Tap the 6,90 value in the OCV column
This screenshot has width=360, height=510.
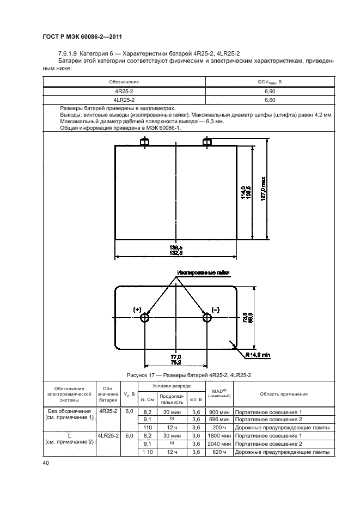pyautogui.click(x=269, y=92)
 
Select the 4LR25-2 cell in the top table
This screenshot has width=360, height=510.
pyautogui.click(x=124, y=100)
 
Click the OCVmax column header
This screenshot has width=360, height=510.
pyautogui.click(x=269, y=82)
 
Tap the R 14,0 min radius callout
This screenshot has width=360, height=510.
pyautogui.click(x=258, y=355)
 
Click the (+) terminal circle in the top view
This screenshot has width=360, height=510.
pyautogui.click(x=145, y=317)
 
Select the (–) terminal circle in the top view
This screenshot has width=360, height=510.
pyautogui.click(x=207, y=317)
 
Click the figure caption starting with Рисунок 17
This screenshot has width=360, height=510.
pyautogui.click(x=180, y=375)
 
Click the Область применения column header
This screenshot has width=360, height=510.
pyautogui.click(x=284, y=394)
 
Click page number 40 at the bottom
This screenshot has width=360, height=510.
pyautogui.click(x=45, y=463)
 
